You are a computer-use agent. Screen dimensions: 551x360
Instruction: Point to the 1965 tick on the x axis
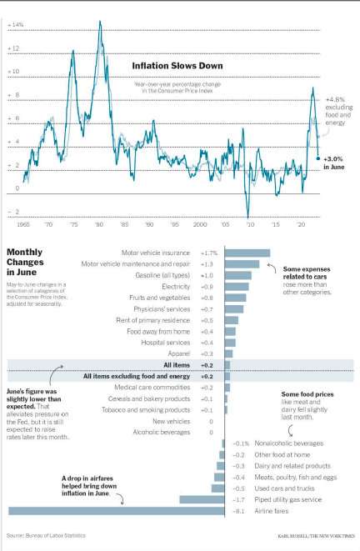(22, 225)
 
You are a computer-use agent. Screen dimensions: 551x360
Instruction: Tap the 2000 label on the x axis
(200, 225)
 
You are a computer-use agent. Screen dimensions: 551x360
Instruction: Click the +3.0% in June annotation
(334, 163)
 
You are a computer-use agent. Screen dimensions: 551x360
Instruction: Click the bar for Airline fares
(117, 510)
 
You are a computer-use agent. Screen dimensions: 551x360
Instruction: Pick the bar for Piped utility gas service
(202, 499)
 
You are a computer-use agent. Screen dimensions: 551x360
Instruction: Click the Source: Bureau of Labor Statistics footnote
(49, 535)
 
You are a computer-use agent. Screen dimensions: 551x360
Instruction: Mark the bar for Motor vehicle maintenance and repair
(242, 263)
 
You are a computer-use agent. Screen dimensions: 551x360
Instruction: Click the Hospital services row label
(167, 342)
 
